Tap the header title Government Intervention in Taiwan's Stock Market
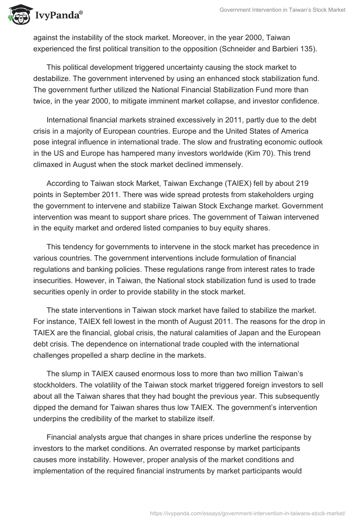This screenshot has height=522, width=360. point(282,10)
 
